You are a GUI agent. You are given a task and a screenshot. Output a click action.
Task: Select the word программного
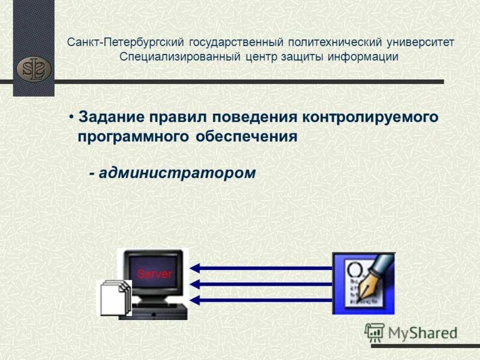[x=133, y=136]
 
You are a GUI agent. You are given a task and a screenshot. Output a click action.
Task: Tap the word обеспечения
[x=246, y=136]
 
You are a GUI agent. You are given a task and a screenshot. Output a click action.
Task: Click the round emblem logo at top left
[x=34, y=68]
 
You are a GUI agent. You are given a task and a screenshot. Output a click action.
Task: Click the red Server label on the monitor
[x=154, y=274]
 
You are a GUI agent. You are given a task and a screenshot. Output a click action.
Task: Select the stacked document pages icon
[x=115, y=296]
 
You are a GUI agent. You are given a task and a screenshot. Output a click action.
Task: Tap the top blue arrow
[x=261, y=268]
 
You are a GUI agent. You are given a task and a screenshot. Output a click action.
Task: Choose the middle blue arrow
[x=261, y=284]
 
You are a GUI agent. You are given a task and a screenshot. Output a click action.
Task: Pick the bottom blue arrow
[x=261, y=299]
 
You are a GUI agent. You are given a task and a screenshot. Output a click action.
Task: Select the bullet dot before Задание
[x=71, y=116]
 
